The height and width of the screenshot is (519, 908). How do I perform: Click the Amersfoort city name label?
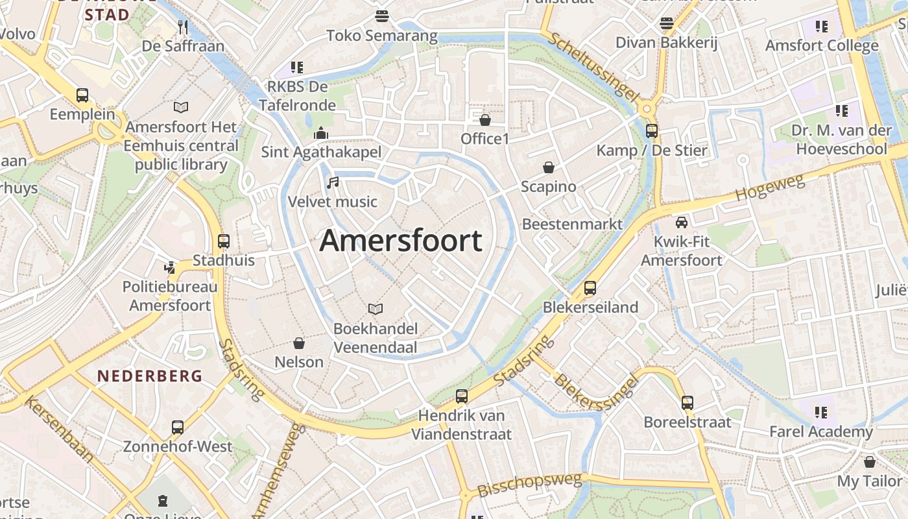click(x=401, y=241)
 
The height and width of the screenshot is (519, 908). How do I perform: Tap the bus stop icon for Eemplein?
click(x=82, y=95)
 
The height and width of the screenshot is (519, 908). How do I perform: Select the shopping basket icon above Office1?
click(x=484, y=119)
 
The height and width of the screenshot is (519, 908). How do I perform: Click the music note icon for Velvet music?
click(x=333, y=183)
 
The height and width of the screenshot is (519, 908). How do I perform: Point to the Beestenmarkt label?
click(x=572, y=224)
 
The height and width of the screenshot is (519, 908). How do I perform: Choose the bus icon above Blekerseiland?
click(x=590, y=288)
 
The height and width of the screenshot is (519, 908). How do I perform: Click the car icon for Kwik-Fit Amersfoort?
click(x=682, y=223)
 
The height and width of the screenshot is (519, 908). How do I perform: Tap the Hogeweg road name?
click(x=771, y=187)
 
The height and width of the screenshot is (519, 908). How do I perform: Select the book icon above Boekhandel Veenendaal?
click(x=375, y=309)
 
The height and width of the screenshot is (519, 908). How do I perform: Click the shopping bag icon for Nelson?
click(x=299, y=343)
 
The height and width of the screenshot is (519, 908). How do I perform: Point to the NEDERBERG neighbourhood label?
click(x=150, y=376)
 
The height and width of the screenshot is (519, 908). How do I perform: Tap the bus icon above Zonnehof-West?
click(x=178, y=428)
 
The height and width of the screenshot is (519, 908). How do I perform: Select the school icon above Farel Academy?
click(x=821, y=412)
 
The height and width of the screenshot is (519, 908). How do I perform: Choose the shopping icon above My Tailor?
click(x=870, y=462)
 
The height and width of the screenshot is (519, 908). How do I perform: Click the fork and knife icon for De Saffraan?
click(x=183, y=27)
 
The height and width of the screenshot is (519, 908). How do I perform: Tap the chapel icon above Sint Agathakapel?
click(x=320, y=133)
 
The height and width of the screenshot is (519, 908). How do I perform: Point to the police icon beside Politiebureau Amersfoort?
click(x=170, y=267)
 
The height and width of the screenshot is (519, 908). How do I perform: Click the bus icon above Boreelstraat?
click(x=687, y=403)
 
